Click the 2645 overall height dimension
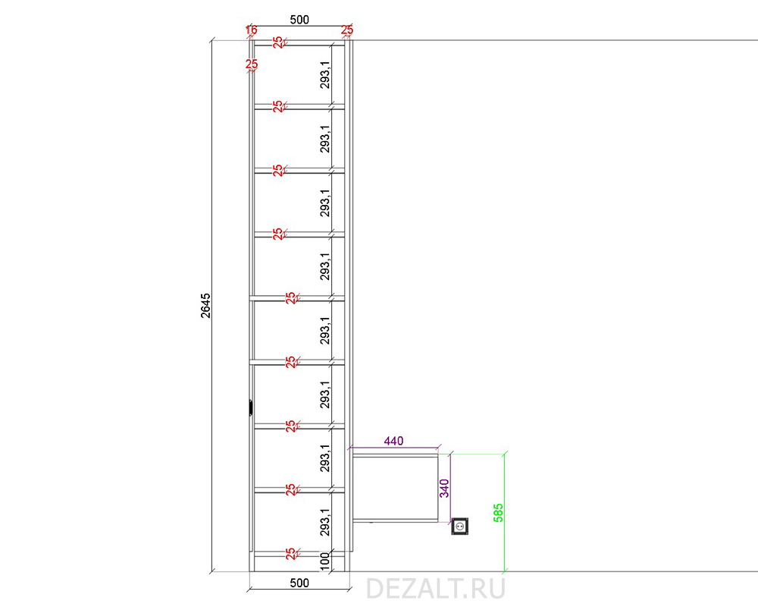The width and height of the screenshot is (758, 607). pos(206,306)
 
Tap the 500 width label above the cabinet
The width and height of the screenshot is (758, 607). pos(299,20)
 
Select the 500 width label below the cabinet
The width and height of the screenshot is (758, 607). pos(299,583)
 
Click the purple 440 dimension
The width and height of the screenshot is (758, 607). pos(393,441)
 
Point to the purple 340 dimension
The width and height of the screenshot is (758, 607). pos(444,488)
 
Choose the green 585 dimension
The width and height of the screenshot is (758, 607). pos(498,513)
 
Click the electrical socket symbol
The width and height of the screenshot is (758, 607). pos(460,526)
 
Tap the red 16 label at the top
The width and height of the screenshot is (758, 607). pos(251,30)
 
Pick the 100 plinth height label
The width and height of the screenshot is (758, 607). pos(325,561)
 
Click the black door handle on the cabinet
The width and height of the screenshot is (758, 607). pos(250,407)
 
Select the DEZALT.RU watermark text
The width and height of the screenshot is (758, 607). pos(436,589)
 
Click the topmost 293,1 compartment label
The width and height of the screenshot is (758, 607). pos(325,75)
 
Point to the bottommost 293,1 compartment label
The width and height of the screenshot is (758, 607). pos(325,522)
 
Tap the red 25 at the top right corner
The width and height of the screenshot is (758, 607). pos(347,30)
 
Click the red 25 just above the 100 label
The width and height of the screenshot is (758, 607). pos(290,554)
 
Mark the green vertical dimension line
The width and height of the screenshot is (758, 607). pos(505,513)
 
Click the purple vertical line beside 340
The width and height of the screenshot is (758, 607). pos(450,488)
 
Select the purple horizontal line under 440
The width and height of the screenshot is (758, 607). pos(393,448)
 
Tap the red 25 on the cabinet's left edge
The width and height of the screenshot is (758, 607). pos(252,64)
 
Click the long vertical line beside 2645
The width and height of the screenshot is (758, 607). pos(212,306)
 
